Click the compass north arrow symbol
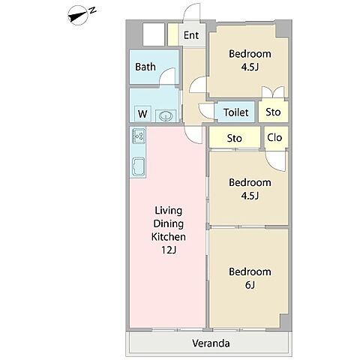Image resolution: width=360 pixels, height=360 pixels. [80, 16]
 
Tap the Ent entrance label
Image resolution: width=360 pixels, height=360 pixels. [191, 35]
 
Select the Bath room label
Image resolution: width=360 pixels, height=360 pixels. [145, 67]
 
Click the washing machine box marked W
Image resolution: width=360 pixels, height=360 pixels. [142, 114]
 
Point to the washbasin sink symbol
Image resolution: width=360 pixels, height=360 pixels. [166, 115]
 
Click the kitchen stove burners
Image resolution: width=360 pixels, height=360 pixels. [138, 136]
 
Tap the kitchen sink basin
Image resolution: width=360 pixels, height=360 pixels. [138, 166]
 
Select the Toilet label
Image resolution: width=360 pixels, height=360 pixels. [236, 112]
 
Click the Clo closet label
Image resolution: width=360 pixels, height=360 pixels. [274, 137]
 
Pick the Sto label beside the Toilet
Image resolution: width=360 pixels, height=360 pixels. [273, 112]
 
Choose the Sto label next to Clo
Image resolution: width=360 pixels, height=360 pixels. [234, 138]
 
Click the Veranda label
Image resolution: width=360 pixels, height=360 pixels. [211, 343]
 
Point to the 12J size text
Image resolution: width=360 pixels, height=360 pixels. [169, 250]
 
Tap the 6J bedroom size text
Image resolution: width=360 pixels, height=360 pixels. [250, 285]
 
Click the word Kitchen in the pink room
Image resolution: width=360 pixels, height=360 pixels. [169, 236]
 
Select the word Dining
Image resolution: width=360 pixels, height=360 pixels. [169, 223]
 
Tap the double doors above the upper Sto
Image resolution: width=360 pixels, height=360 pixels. [273, 92]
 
